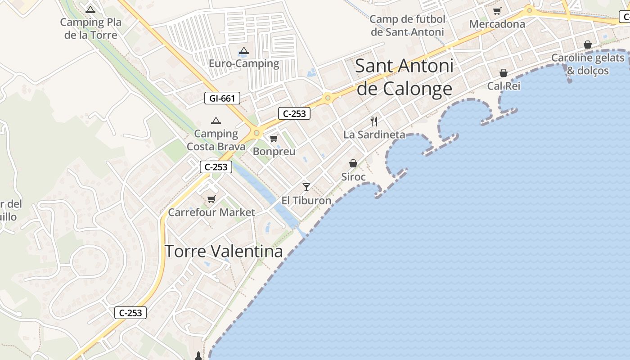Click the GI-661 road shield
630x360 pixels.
click(222, 98)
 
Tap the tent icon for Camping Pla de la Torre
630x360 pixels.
click(90, 9)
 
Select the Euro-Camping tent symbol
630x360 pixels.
click(243, 51)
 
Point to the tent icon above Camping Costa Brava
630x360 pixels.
click(216, 121)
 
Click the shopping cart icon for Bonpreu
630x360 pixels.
click(274, 138)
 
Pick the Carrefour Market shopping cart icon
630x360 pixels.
click(211, 199)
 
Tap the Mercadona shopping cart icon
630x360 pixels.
click(497, 11)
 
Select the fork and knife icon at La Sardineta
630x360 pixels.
click(373, 121)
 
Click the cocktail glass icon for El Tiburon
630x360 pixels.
click(306, 187)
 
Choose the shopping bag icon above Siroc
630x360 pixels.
click(353, 163)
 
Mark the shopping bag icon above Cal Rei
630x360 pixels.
click(504, 73)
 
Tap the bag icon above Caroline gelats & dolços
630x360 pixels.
click(587, 45)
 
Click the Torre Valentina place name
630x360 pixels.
click(224, 251)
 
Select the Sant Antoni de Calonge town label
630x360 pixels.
click(404, 77)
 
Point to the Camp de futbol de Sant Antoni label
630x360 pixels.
click(407, 26)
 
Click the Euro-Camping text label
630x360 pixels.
click(244, 63)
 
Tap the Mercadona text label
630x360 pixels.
click(497, 24)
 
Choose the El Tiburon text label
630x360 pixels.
click(306, 201)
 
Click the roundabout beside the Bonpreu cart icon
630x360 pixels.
click(256, 133)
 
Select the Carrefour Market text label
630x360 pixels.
click(211, 212)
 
